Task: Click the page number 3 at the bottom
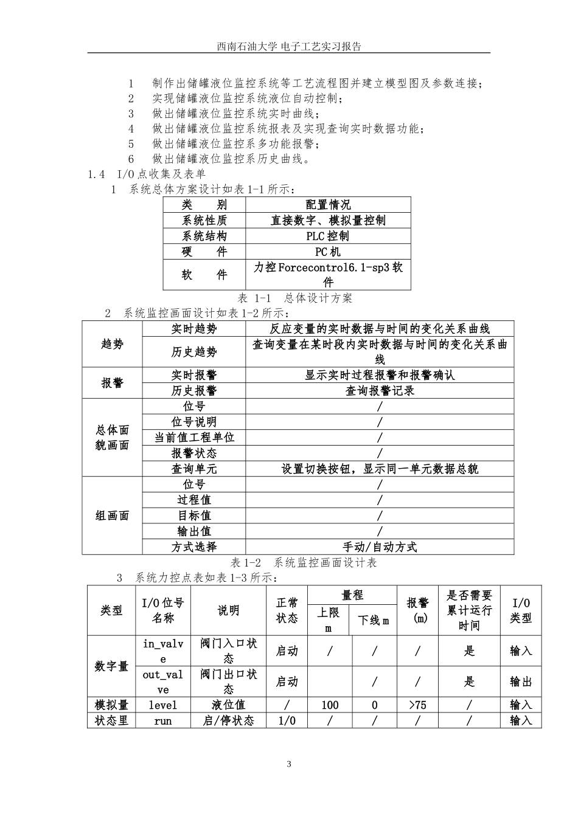[x=289, y=764]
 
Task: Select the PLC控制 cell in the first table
[x=327, y=236]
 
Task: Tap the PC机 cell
[x=327, y=252]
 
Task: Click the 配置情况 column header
[x=327, y=205]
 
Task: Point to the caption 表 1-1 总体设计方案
[x=294, y=298]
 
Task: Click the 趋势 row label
[x=113, y=344]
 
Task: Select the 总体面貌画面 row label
[x=113, y=438]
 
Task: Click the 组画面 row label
[x=113, y=515]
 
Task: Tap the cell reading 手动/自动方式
[x=380, y=546]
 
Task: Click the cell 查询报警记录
[x=380, y=391]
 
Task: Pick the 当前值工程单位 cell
[x=194, y=437]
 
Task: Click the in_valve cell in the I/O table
[x=163, y=651]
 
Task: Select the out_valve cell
[x=163, y=681]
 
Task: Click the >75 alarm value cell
[x=418, y=705]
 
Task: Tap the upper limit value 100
[x=329, y=705]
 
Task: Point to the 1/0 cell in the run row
[x=287, y=721]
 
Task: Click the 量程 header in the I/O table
[x=352, y=596]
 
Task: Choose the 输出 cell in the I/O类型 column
[x=521, y=681]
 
